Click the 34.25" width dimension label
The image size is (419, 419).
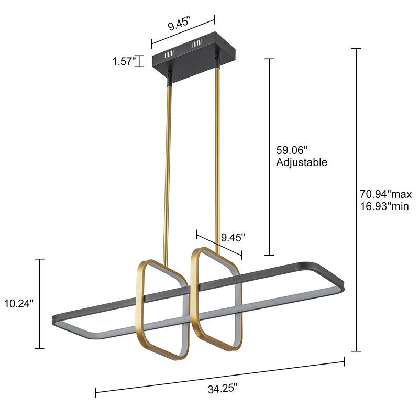pos(223,388)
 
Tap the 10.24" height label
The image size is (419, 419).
pos(18,303)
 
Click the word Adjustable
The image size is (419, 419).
pos(302,162)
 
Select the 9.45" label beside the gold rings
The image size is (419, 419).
pos(233,237)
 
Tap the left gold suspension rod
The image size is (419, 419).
pos(168,173)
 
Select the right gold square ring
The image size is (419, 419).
pos(195,293)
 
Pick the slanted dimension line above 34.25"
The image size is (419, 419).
pos(220,375)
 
